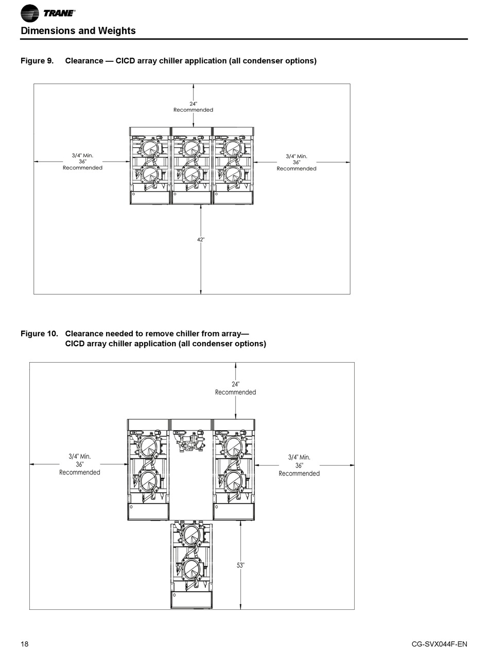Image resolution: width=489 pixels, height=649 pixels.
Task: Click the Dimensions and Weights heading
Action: coord(78,31)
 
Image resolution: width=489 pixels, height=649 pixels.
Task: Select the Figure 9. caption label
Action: coord(37,61)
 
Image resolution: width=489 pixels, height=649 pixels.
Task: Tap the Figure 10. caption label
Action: coord(39,334)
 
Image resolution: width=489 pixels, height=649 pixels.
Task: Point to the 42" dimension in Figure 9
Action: coord(201,240)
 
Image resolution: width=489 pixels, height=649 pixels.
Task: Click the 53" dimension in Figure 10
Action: coord(240,565)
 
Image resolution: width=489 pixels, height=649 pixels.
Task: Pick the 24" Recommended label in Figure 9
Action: coord(193,107)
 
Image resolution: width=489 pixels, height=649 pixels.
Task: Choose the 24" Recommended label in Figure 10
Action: coord(235,388)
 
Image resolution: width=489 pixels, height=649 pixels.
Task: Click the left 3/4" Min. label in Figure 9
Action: coord(82,156)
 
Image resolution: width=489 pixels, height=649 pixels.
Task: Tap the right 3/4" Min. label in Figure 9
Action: coord(296,156)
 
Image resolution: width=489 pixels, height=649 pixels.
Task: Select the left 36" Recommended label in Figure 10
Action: coord(80,468)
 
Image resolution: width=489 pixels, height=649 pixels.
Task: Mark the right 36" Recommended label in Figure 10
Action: coord(299,469)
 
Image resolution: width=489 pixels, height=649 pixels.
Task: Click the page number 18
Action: coord(25,644)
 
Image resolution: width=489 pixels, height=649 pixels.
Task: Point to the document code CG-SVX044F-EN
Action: coord(440,644)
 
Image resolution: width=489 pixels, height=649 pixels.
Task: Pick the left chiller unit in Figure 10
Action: coord(148,469)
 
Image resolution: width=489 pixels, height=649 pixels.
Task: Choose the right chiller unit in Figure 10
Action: coord(234,469)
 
